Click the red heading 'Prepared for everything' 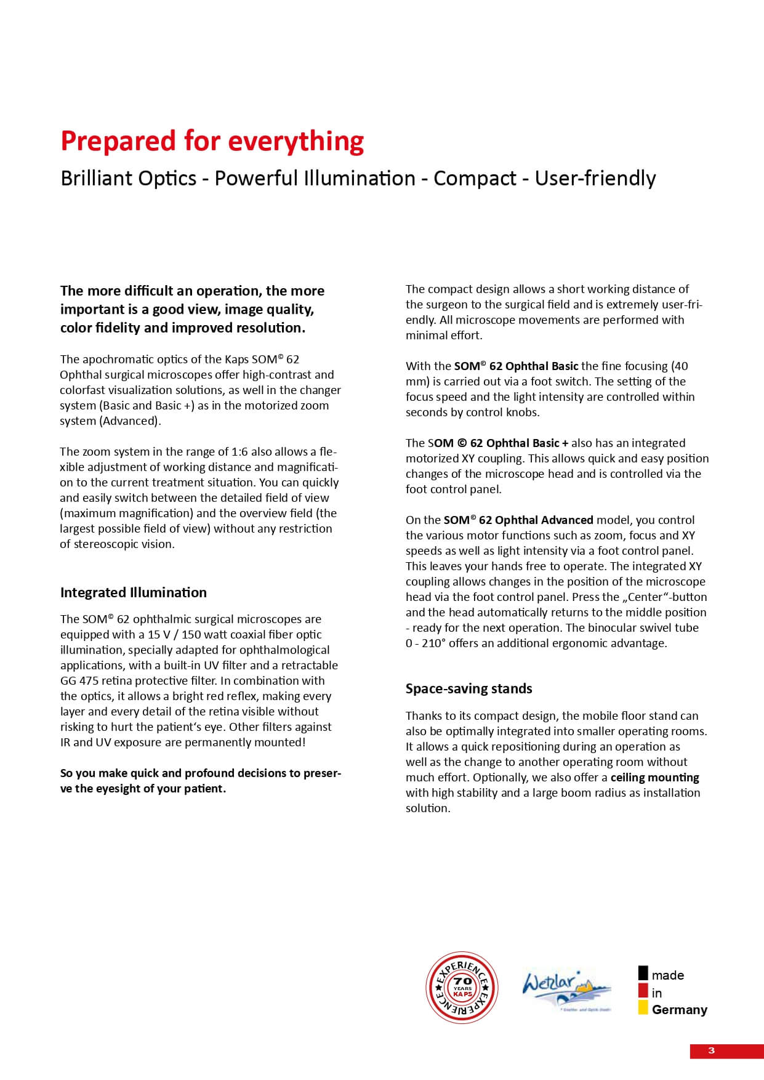click(x=212, y=141)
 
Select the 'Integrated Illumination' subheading click(x=134, y=592)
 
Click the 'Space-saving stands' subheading click(x=468, y=688)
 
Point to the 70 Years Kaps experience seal click(x=462, y=988)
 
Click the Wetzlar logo click(x=566, y=988)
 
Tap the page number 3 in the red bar click(x=712, y=1050)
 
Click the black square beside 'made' click(x=643, y=973)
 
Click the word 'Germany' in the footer click(x=680, y=1010)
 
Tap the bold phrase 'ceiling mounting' click(x=654, y=778)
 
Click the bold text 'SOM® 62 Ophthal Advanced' click(x=518, y=520)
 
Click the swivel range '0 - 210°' click(x=425, y=643)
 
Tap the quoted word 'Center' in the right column click(x=644, y=597)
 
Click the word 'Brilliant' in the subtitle click(x=97, y=179)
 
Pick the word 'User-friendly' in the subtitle click(x=595, y=179)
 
